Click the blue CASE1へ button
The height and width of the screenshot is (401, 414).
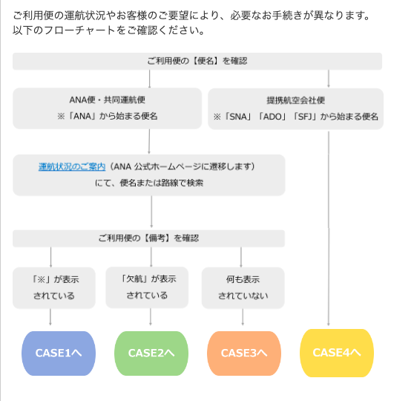click(59, 353)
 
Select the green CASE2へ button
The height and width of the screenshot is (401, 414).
click(151, 353)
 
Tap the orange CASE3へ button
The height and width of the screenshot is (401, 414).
click(244, 353)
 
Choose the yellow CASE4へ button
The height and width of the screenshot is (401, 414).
click(337, 353)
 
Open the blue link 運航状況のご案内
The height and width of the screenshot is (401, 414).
click(72, 167)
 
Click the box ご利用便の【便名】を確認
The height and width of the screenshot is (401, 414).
click(197, 61)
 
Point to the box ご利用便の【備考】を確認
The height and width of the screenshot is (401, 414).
click(148, 238)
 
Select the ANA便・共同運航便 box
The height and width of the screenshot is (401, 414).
click(107, 108)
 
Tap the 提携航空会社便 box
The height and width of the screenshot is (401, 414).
click(296, 109)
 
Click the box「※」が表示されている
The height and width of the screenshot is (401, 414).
click(54, 288)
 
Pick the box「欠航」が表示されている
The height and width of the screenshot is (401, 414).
click(147, 287)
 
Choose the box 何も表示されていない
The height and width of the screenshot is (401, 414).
click(243, 288)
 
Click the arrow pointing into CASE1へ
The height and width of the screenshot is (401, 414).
click(50, 317)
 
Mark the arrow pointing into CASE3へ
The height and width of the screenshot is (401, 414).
click(243, 317)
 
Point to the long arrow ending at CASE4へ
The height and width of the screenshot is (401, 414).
click(329, 229)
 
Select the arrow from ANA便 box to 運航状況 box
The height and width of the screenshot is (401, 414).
click(149, 141)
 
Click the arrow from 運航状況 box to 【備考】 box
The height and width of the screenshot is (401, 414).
click(151, 212)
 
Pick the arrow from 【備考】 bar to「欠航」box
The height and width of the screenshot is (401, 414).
click(151, 257)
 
